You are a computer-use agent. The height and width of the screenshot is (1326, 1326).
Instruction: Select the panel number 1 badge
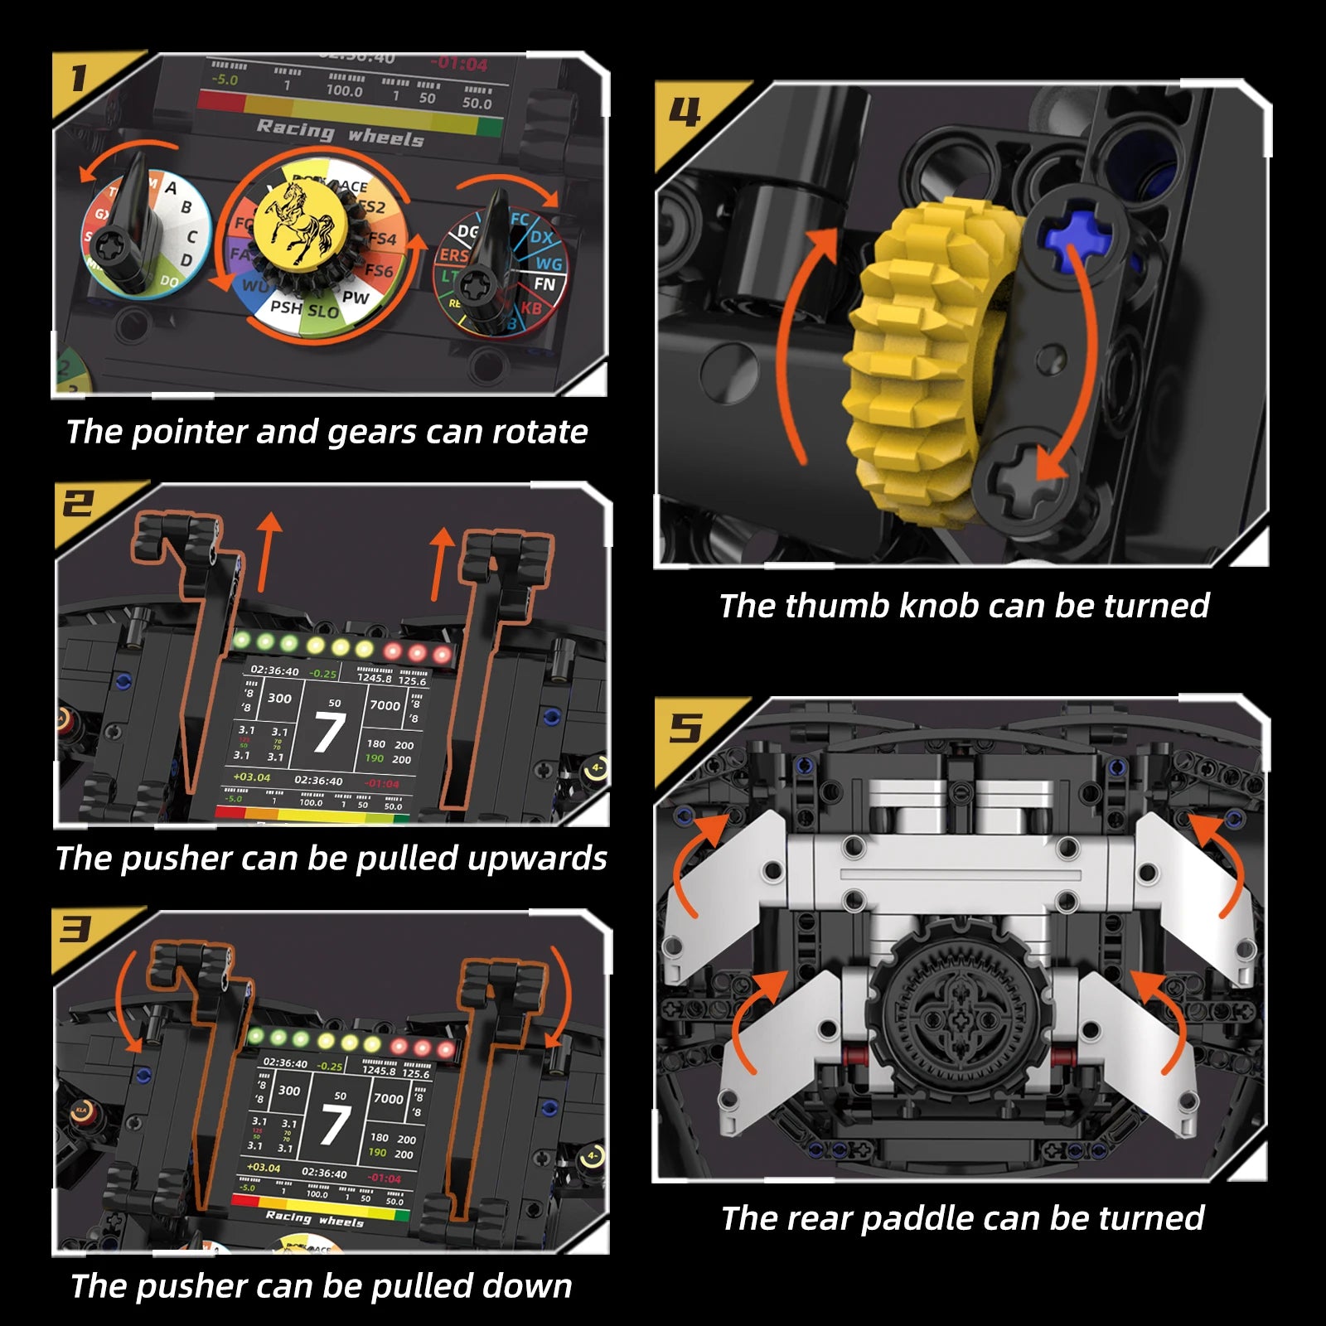pos(79,79)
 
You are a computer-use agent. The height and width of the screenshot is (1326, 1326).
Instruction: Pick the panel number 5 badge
pos(686,729)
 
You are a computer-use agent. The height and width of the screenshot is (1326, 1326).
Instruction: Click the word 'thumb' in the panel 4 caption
pos(837,606)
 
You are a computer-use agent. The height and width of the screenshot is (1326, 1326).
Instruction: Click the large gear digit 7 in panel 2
pos(329,733)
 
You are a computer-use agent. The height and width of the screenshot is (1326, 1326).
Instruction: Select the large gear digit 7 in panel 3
pos(335,1125)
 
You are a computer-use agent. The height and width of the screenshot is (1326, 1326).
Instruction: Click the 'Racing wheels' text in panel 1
pos(340,133)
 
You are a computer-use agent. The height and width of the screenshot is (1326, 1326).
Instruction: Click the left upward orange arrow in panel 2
pos(268,551)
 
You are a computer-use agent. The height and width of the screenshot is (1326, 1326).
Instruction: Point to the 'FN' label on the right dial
pos(544,284)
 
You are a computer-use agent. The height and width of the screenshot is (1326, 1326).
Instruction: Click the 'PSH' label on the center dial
pos(286,307)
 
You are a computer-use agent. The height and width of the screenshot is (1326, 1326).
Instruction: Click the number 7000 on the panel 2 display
pos(385,705)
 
